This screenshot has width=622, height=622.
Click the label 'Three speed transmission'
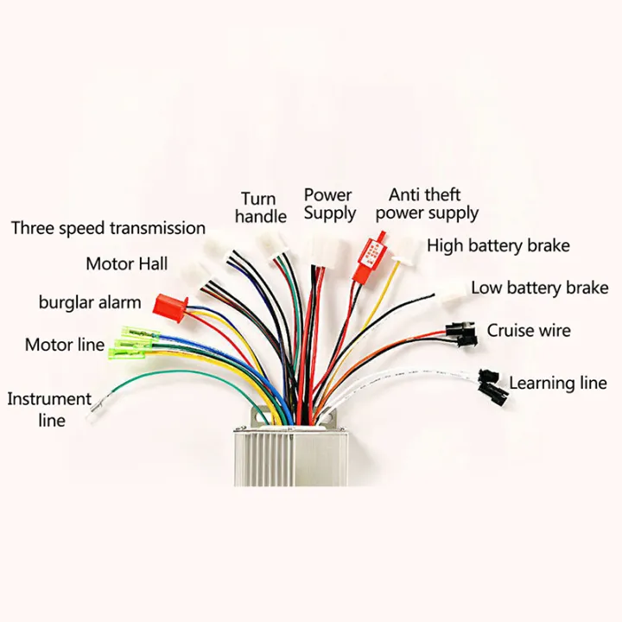pos(108,228)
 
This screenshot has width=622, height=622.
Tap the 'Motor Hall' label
pos(127,263)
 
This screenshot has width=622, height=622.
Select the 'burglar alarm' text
pos(90,302)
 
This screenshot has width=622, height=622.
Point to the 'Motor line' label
pos(64,345)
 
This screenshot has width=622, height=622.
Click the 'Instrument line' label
pos(49,409)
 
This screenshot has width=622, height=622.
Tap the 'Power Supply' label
pos(329,204)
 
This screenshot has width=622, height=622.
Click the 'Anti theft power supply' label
pos(426,204)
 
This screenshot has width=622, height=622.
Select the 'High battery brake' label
pos(498,245)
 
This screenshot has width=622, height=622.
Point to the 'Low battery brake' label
pos(539,288)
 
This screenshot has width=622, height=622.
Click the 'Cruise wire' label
pos(529,330)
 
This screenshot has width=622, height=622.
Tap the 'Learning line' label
pos(557,383)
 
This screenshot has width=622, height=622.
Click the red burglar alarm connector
pos(170,303)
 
